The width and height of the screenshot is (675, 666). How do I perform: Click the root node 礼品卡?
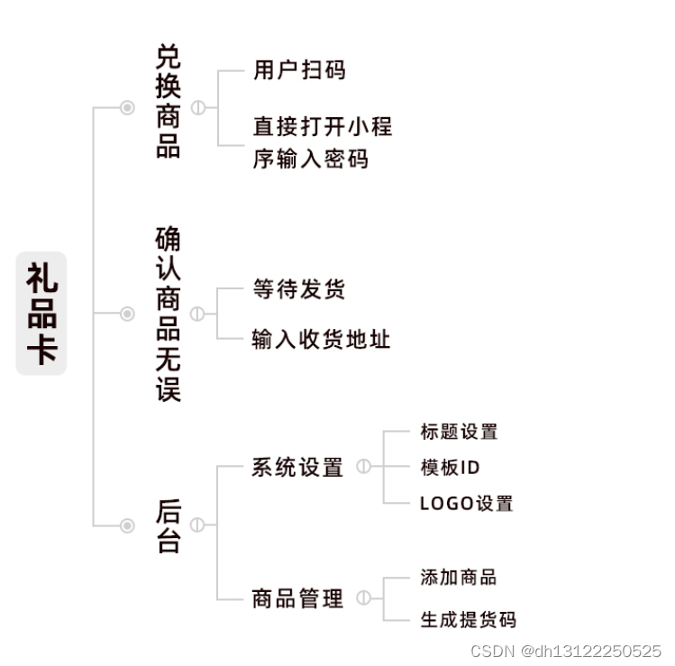click(41, 314)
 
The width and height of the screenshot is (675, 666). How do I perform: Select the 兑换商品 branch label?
click(168, 102)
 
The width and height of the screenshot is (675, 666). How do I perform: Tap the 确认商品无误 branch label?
click(168, 314)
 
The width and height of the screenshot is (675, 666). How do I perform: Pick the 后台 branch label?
click(169, 525)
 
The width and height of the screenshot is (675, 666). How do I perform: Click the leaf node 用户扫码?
click(299, 70)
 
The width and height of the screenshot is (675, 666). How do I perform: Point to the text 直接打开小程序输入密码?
click(322, 142)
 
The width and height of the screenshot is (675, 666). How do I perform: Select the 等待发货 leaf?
click(299, 289)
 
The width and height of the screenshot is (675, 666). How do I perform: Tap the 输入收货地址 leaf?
click(321, 340)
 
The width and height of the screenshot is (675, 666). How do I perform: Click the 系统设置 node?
click(297, 468)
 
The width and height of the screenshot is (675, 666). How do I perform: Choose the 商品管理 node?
click(297, 598)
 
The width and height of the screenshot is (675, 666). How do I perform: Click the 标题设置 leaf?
click(459, 432)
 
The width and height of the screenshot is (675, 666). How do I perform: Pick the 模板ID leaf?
click(450, 468)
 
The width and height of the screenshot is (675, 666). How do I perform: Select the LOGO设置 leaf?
click(466, 504)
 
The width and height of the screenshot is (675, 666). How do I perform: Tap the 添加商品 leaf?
click(458, 578)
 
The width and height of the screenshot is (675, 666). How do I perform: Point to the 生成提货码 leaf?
click(468, 620)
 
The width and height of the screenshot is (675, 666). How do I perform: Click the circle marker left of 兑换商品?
click(127, 108)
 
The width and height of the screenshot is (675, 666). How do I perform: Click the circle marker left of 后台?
click(127, 525)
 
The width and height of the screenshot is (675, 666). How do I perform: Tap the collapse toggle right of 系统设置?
click(363, 467)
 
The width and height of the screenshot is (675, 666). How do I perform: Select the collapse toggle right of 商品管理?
click(363, 598)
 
